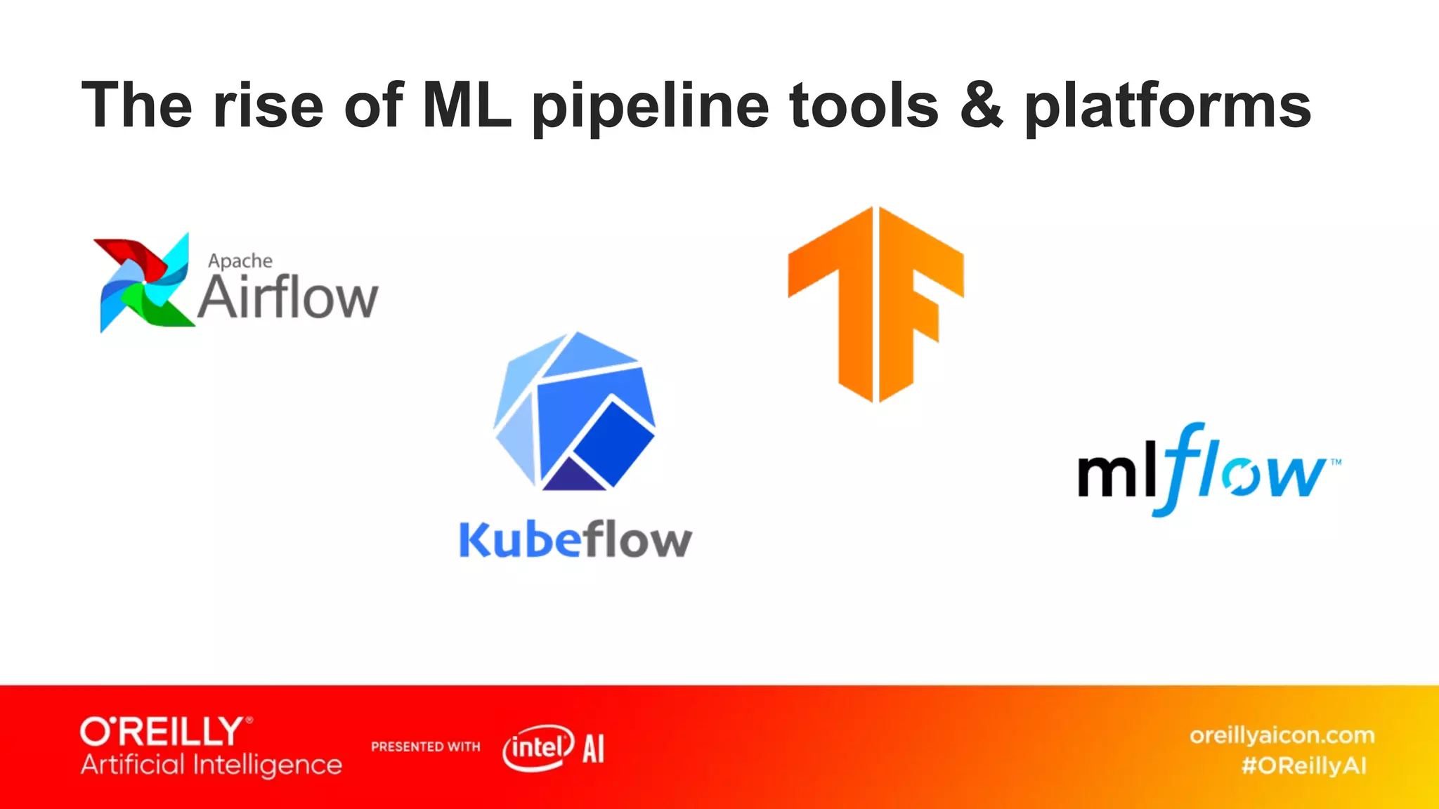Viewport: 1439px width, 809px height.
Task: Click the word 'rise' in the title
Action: coord(268,105)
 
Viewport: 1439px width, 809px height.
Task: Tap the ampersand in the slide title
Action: coord(981,105)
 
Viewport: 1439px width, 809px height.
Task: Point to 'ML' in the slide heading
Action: coord(467,105)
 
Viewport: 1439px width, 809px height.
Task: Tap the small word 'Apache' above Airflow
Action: coord(240,261)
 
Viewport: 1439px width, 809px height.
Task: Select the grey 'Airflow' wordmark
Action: coord(288,298)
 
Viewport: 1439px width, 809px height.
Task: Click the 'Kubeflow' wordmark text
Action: coord(575,541)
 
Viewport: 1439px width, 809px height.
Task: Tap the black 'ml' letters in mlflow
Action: coord(1117,475)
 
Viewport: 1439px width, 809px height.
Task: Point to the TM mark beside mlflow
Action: coord(1336,462)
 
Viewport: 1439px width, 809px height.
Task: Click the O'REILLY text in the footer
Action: coord(162,732)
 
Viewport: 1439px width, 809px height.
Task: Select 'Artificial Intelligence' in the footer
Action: coord(211,765)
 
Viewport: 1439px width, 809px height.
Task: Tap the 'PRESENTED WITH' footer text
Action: coord(426,746)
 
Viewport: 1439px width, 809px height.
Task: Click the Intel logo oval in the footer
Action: coord(538,747)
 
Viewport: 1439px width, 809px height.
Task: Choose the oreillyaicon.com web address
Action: coord(1282,735)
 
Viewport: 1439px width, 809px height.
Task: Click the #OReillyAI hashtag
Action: coord(1304,765)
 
